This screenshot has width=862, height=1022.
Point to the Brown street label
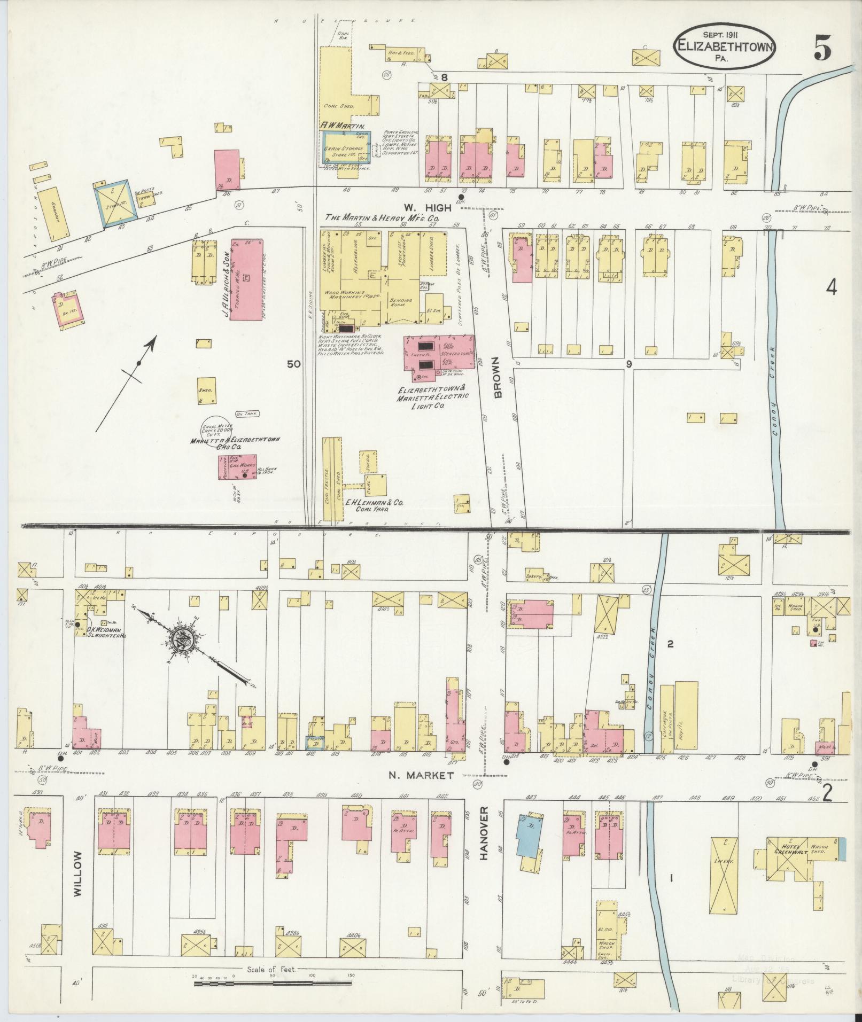click(x=498, y=378)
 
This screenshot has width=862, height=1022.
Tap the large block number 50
click(x=293, y=364)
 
